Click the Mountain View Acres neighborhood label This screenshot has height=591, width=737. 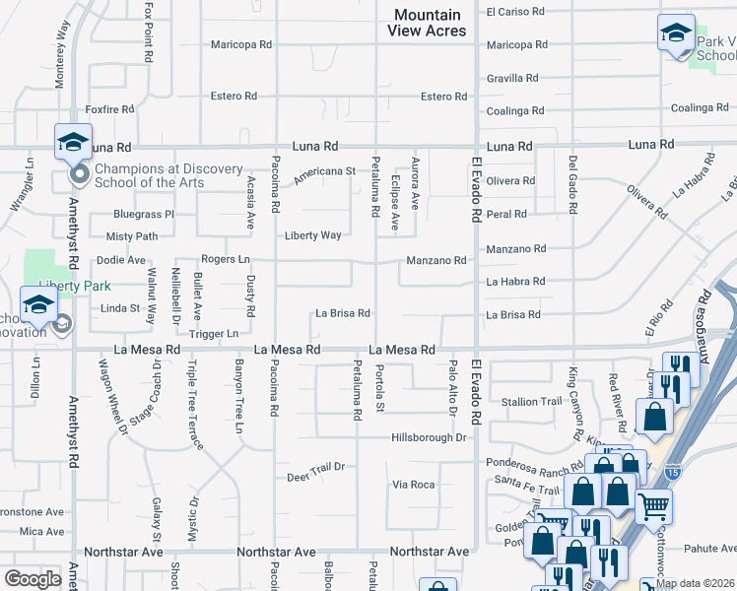[x=428, y=23]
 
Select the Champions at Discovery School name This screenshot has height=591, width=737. [x=167, y=175]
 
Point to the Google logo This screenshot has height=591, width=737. [x=33, y=578]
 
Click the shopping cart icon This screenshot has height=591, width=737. [x=654, y=507]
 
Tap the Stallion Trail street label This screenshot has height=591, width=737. [x=531, y=401]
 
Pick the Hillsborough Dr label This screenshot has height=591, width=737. [x=428, y=437]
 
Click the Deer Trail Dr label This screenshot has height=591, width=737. [x=315, y=476]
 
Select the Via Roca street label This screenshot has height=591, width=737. [x=414, y=485]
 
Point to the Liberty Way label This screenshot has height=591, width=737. [x=313, y=235]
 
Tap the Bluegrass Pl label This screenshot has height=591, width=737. [x=144, y=213]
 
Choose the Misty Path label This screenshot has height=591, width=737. [x=132, y=236]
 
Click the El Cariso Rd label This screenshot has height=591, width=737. [x=516, y=12]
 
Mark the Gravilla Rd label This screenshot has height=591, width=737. [x=512, y=78]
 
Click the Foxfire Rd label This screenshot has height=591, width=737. [x=109, y=110]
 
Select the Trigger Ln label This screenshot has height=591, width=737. [x=214, y=334]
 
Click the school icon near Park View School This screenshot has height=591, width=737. [x=676, y=33]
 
